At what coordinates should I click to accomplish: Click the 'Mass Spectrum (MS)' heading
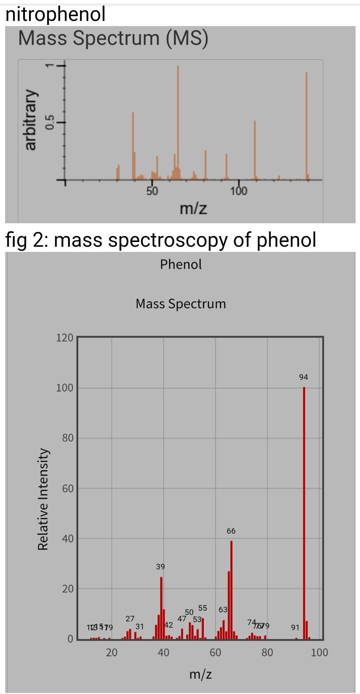click(x=113, y=38)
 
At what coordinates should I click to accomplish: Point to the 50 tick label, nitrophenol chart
click(x=152, y=191)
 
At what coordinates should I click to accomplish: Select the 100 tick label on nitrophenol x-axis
click(x=239, y=191)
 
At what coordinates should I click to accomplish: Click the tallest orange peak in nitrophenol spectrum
click(x=178, y=121)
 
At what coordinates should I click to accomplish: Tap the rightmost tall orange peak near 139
click(x=306, y=125)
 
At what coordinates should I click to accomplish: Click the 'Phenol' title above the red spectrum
click(x=181, y=264)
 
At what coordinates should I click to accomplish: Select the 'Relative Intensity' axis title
click(x=43, y=499)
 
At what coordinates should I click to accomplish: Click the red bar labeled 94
click(x=304, y=514)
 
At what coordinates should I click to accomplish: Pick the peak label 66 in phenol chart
click(x=231, y=531)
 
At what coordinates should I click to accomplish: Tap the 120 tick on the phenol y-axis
click(x=65, y=338)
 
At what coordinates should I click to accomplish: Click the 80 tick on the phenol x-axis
click(x=267, y=653)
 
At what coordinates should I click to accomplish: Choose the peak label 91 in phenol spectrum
click(x=295, y=628)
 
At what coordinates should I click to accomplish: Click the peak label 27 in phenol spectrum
click(x=130, y=619)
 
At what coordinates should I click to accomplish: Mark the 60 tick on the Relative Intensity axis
click(x=68, y=488)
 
